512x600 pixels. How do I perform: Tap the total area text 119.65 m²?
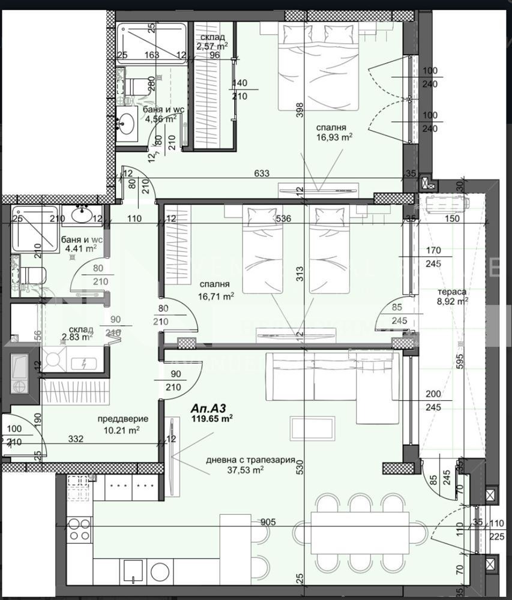tap(212, 419)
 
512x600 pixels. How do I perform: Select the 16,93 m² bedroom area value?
tap(335, 137)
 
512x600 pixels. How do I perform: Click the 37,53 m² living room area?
tap(248, 470)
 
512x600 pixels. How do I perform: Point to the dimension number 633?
tap(262, 174)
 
